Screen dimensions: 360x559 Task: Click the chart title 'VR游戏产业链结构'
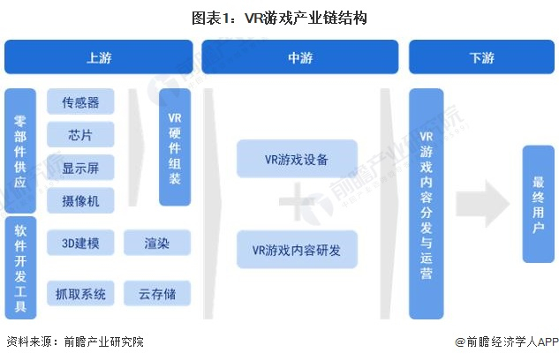coord(279,18)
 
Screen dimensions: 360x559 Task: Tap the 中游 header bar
coord(300,57)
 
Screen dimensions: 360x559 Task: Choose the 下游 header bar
coord(481,57)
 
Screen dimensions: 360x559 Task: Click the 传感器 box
coord(80,102)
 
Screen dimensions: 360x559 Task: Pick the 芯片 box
coord(80,135)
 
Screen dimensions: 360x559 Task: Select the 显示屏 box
coord(80,168)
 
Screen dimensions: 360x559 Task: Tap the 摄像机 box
coord(80,200)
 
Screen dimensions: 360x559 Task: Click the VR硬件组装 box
coord(175,147)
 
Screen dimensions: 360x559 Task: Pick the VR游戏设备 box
coord(297,159)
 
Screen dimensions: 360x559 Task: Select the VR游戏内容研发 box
coord(297,249)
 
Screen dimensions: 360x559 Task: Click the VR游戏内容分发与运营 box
coord(426,204)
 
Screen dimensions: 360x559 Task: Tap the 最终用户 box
coord(538,204)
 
